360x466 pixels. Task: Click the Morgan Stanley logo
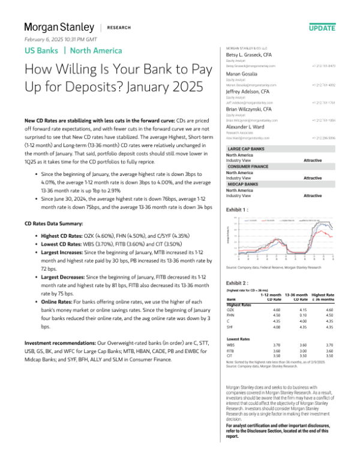[x=59, y=27]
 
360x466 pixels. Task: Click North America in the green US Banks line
[x=98, y=50]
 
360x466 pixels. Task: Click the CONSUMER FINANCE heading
[x=248, y=165]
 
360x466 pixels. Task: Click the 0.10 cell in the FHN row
[x=296, y=316]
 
